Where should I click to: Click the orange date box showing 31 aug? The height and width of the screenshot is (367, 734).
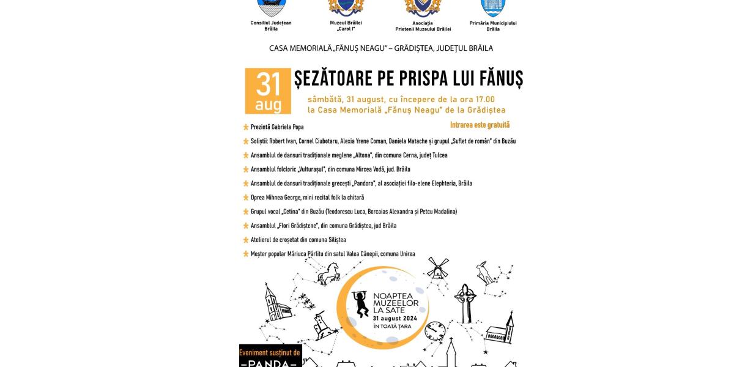[268, 91]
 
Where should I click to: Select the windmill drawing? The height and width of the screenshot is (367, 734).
[437, 269]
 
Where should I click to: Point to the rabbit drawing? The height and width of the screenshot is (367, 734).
[486, 272]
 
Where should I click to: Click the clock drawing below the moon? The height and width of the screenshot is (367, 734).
[434, 330]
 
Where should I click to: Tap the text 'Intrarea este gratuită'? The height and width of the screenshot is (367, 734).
[480, 125]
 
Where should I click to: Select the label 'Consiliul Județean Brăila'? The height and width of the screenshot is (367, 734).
[271, 26]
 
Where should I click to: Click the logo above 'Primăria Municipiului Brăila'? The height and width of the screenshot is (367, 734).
[493, 7]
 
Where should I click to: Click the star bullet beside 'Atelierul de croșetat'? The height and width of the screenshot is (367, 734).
[246, 240]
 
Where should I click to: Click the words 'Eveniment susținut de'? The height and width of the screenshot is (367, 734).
[270, 352]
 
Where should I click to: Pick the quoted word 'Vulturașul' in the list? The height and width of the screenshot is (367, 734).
[313, 169]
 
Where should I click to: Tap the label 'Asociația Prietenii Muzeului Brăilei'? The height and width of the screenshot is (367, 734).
[420, 26]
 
